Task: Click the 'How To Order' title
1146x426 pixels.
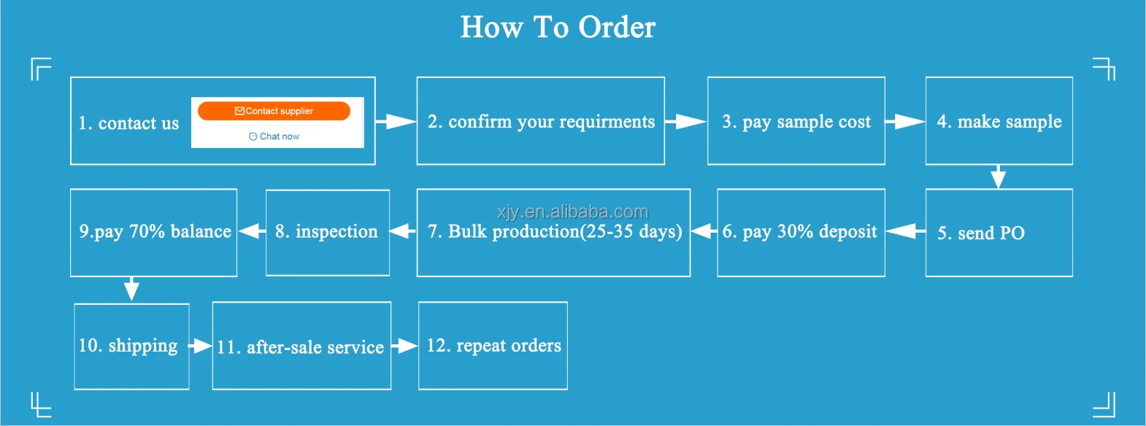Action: [558, 28]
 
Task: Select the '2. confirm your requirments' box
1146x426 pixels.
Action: [540, 121]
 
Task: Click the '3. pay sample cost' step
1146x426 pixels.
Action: [796, 121]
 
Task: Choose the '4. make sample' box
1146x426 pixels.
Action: [999, 121]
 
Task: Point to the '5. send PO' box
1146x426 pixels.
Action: [999, 233]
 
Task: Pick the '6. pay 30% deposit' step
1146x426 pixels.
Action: [800, 232]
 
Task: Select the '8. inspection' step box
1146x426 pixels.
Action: [327, 232]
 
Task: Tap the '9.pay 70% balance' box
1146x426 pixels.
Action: [154, 232]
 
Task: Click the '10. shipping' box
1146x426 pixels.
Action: [131, 346]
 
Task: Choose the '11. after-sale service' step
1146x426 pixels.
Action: [301, 346]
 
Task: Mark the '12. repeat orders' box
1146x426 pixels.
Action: [493, 346]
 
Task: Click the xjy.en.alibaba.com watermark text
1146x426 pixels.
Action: [572, 212]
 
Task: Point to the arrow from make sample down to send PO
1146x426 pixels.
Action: [998, 177]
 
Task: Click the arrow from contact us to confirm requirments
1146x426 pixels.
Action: [396, 121]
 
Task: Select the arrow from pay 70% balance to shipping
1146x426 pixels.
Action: [131, 289]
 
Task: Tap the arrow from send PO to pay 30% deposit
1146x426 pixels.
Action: [905, 231]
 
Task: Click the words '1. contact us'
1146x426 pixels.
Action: [128, 123]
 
